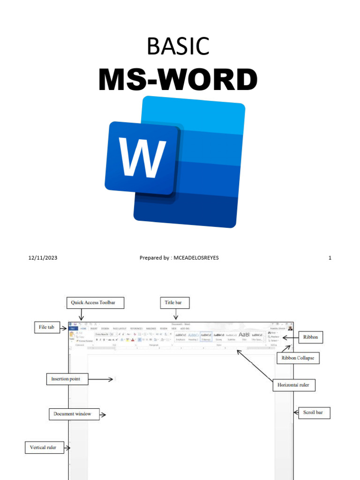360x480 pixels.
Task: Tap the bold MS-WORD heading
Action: pos(178,80)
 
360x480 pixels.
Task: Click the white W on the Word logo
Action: pos(142,157)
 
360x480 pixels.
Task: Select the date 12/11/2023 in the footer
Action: pos(43,258)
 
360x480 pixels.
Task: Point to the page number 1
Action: pos(330,258)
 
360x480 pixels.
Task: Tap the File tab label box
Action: pos(47,327)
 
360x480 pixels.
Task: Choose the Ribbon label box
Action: pos(310,337)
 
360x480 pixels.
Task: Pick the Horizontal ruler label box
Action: pos(294,385)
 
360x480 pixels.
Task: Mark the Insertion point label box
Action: pos(67,379)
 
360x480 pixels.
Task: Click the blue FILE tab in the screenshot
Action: pos(73,329)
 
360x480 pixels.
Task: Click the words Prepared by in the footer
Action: pos(154,258)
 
